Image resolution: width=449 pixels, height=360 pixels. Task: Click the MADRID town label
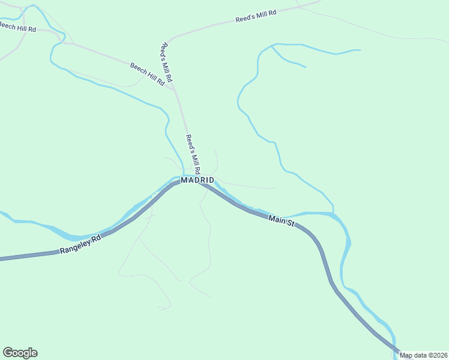197,180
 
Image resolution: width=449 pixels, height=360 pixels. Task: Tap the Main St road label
282,221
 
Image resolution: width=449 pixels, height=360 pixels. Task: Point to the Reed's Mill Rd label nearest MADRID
193,154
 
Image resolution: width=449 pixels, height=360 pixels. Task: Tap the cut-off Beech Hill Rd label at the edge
17,27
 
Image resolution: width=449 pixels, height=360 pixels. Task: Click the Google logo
20,353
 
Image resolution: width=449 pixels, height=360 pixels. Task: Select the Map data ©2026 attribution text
424,355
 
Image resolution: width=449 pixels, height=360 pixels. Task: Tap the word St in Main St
291,224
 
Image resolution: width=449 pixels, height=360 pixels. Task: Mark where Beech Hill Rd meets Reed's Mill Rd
173,88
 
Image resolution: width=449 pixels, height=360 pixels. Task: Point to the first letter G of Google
8,352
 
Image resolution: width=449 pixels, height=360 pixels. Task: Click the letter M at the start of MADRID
184,180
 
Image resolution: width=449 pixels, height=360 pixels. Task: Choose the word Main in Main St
277,220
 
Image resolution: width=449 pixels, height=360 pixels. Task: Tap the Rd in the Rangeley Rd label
97,238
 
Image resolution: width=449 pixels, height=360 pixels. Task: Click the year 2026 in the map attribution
440,355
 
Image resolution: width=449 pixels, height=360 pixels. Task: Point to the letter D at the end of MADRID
211,180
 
